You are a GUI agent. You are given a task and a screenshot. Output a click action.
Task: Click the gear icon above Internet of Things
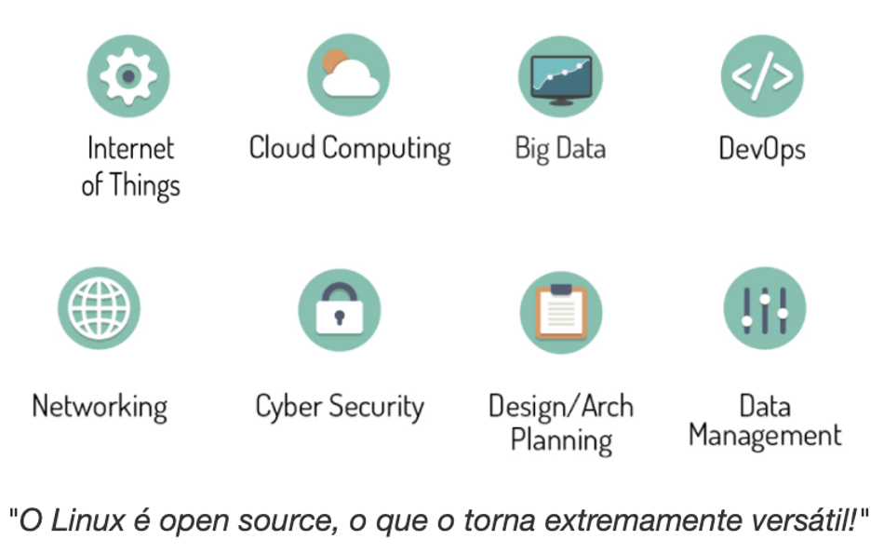click(128, 75)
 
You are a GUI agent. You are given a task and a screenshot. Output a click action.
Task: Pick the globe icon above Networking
click(100, 308)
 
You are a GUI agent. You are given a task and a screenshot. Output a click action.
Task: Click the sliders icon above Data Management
click(764, 308)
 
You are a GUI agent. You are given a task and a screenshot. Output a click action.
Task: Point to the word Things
click(144, 185)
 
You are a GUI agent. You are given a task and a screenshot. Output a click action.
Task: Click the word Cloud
click(283, 148)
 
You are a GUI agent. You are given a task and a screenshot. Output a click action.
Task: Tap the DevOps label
click(762, 148)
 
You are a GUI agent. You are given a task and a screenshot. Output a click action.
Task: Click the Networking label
click(100, 407)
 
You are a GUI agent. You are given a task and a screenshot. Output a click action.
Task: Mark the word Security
click(380, 407)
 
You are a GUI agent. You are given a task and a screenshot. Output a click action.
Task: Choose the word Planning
click(561, 439)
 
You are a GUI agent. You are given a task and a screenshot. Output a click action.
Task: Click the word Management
click(765, 436)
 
